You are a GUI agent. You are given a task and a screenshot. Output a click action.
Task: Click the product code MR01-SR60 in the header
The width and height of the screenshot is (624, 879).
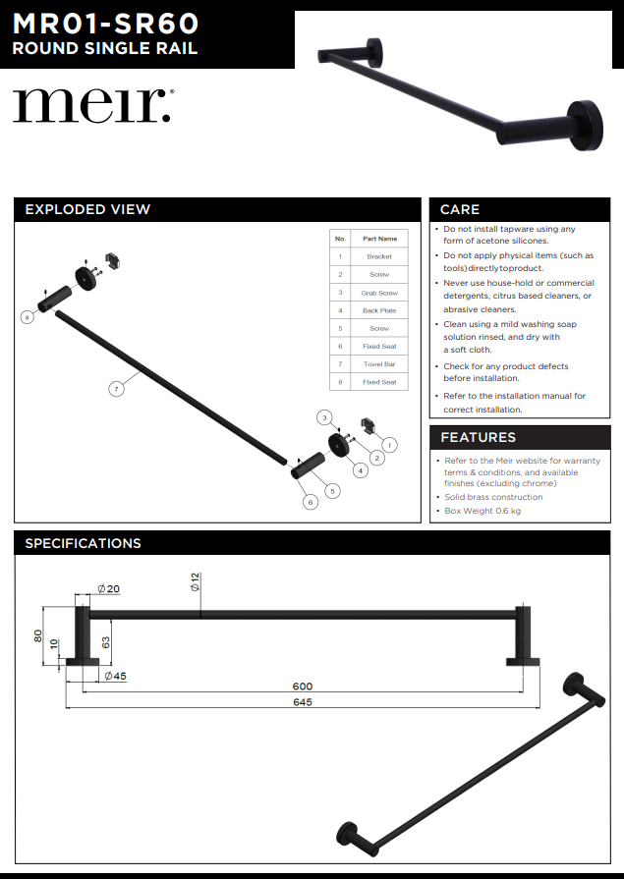[x=105, y=23]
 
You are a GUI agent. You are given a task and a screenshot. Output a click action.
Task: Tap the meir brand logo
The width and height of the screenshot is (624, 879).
[x=91, y=105]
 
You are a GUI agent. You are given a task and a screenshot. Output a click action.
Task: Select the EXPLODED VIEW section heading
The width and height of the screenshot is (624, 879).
[x=87, y=209]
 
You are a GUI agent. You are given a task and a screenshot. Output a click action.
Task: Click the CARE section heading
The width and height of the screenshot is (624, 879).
[x=460, y=209]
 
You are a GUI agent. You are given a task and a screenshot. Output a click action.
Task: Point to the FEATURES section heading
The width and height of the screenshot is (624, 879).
[x=478, y=437]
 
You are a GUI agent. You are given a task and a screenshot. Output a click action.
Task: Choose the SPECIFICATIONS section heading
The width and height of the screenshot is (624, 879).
[x=83, y=543]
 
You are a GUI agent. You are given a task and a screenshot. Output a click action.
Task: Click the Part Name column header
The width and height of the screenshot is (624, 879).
[x=379, y=239]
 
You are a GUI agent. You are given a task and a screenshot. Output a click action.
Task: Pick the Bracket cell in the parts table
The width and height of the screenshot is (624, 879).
[x=379, y=256]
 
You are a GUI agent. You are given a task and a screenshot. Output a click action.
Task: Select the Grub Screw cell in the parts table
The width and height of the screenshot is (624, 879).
[x=379, y=293]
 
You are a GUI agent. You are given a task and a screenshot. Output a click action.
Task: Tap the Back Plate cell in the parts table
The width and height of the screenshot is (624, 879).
[x=379, y=310]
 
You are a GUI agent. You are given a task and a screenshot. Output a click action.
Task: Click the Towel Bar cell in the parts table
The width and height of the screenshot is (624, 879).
[x=379, y=364]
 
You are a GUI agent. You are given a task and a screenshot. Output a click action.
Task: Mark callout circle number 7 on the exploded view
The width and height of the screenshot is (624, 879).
[x=116, y=390]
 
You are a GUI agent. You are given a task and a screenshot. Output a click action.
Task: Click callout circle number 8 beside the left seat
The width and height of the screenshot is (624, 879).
[x=28, y=317]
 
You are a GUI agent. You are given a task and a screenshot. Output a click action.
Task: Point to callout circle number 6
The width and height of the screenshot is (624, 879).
[x=311, y=502]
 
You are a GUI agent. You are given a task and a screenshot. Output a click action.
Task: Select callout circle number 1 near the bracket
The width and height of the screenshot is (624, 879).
[x=390, y=445]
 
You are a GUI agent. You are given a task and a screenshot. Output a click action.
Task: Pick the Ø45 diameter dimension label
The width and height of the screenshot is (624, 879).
[x=115, y=676]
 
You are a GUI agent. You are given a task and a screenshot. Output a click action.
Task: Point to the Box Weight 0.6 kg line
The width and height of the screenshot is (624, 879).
[x=482, y=511]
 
